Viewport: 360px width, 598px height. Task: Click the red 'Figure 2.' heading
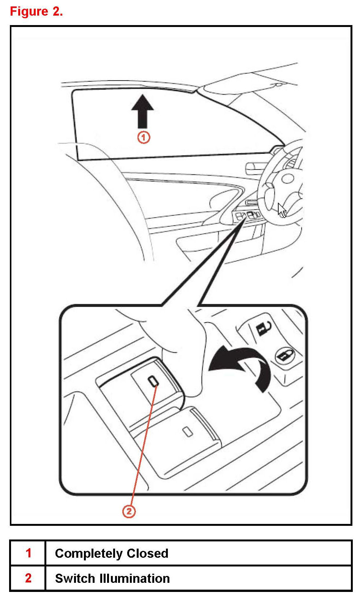pyautogui.click(x=36, y=11)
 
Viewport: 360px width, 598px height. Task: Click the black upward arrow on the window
pyautogui.click(x=142, y=111)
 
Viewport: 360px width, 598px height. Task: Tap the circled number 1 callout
pyautogui.click(x=144, y=138)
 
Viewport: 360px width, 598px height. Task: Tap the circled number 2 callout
pyautogui.click(x=129, y=511)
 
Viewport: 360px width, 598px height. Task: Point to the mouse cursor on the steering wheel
pyautogui.click(x=282, y=210)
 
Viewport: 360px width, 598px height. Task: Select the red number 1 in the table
pyautogui.click(x=28, y=553)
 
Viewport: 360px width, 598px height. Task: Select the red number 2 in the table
pyautogui.click(x=28, y=578)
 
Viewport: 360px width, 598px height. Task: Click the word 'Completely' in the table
pyautogui.click(x=88, y=554)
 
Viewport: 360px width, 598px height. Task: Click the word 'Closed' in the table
pyautogui.click(x=148, y=553)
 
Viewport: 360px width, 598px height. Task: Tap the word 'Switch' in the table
pyautogui.click(x=75, y=579)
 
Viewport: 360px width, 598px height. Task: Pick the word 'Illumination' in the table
pyautogui.click(x=135, y=579)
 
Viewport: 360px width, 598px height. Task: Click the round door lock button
pyautogui.click(x=285, y=356)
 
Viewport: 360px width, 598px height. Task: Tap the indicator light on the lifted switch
pyautogui.click(x=153, y=381)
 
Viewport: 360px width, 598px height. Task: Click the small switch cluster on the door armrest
pyautogui.click(x=247, y=215)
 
